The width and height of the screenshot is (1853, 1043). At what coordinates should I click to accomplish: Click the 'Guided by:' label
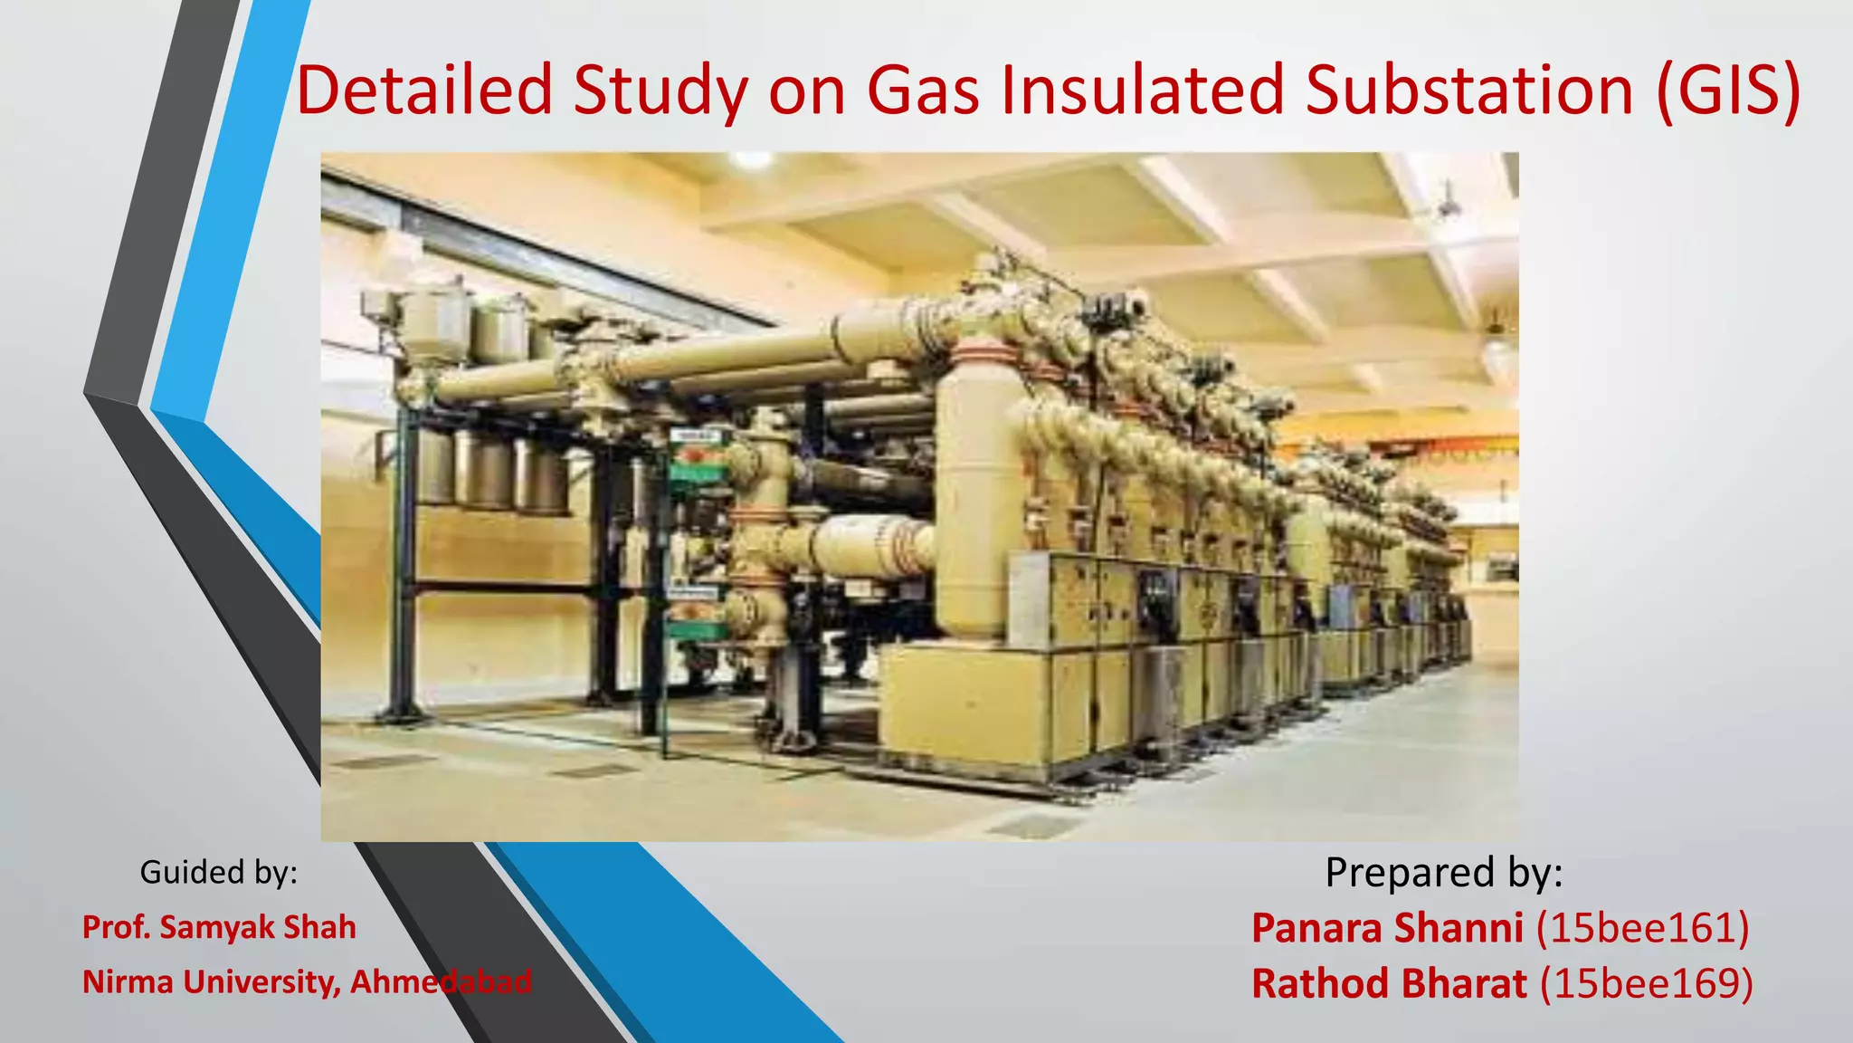pyautogui.click(x=218, y=872)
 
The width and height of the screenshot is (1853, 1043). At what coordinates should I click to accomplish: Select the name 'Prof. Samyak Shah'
pyautogui.click(x=219, y=927)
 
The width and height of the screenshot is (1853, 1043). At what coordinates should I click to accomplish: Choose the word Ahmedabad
pyautogui.click(x=441, y=981)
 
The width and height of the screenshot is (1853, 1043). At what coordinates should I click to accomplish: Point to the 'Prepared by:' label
pyautogui.click(x=1444, y=872)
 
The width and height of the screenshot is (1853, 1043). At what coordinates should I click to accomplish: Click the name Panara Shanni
pyautogui.click(x=1387, y=928)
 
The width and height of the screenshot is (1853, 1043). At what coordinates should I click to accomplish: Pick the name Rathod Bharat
pyautogui.click(x=1389, y=983)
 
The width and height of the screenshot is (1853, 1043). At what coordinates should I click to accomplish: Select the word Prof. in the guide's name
pyautogui.click(x=116, y=927)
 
